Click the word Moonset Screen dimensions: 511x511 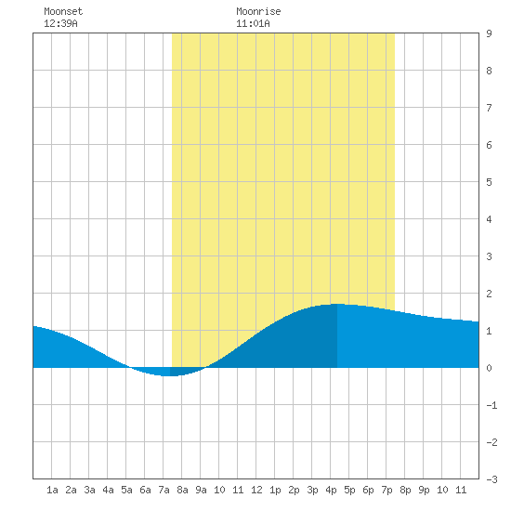click(x=63, y=11)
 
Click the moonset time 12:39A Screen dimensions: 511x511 click(x=60, y=23)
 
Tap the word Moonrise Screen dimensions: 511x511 click(x=258, y=11)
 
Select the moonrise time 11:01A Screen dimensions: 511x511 click(x=253, y=23)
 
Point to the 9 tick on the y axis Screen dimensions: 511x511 click(x=489, y=33)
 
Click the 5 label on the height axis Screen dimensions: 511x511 click(x=489, y=182)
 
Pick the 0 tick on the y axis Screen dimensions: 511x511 click(x=489, y=368)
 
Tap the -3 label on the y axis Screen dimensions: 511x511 click(x=491, y=479)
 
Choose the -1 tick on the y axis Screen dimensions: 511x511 click(x=491, y=405)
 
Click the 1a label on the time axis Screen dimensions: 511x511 click(x=52, y=490)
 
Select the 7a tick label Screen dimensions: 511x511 click(x=164, y=490)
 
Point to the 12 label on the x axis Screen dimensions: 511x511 click(x=256, y=490)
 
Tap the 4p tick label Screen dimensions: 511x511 click(x=331, y=490)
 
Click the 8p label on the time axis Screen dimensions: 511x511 click(x=405, y=490)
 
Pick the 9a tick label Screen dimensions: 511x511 click(x=201, y=490)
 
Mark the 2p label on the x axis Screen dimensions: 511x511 click(x=294, y=490)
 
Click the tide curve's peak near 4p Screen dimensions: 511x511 click(x=337, y=304)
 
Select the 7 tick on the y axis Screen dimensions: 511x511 click(x=489, y=108)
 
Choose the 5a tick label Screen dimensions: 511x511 click(x=126, y=490)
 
